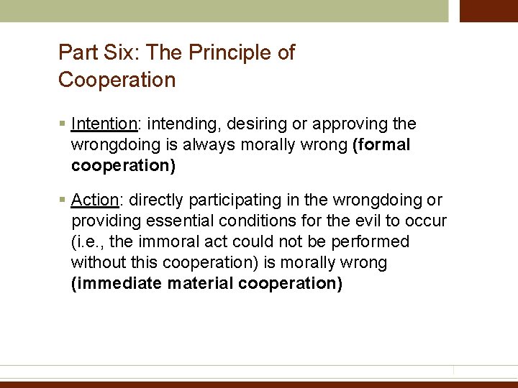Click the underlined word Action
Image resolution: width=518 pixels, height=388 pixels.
pyautogui.click(x=94, y=200)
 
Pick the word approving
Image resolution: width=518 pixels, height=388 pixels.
pyautogui.click(x=345, y=124)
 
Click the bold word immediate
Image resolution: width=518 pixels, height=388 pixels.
pyautogui.click(x=117, y=283)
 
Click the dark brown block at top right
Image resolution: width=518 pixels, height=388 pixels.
pyautogui.click(x=489, y=11)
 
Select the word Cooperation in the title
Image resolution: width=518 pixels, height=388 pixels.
pyautogui.click(x=117, y=80)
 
